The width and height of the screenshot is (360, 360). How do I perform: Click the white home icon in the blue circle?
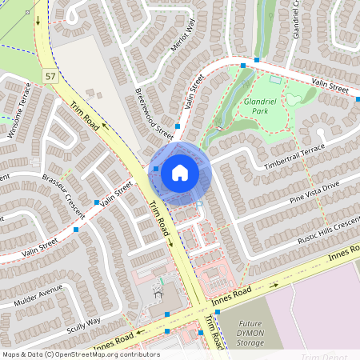(x=179, y=172)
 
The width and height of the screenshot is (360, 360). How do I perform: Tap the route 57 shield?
(x=50, y=75)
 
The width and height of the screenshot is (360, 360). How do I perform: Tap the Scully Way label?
(x=84, y=322)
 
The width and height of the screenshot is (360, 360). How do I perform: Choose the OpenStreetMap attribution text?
(x=81, y=354)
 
